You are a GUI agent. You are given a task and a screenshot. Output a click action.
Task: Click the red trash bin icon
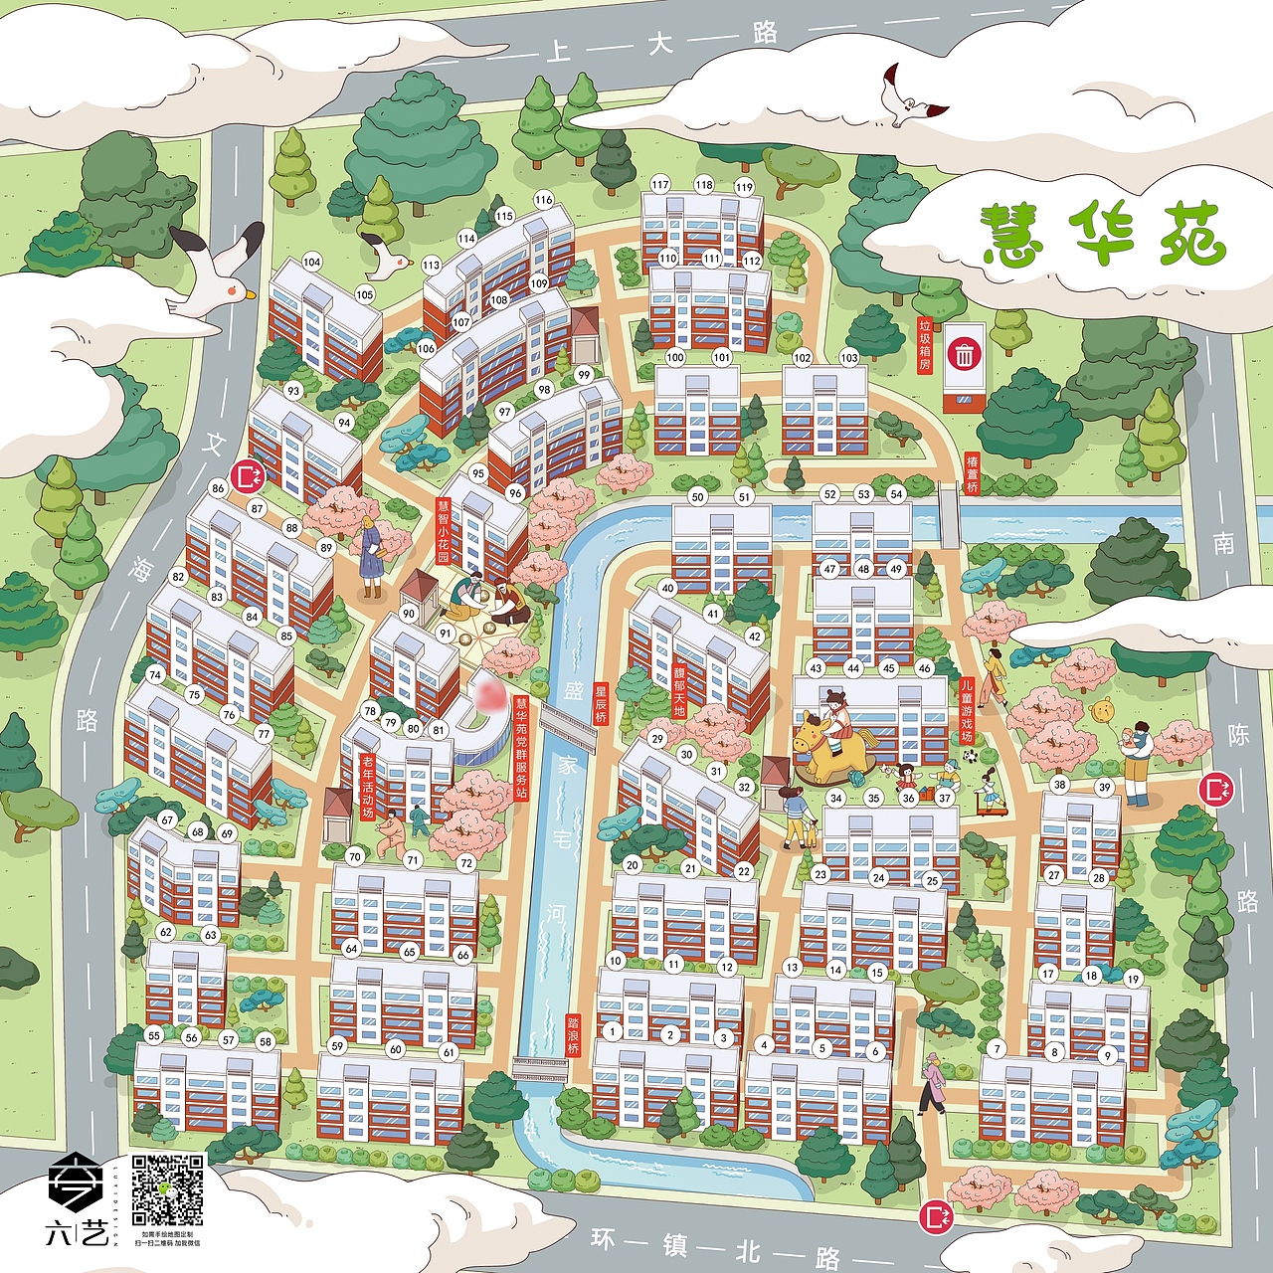tap(964, 354)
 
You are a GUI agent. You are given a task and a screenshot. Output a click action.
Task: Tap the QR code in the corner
tap(168, 1189)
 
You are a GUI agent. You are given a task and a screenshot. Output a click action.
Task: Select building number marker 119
tap(744, 187)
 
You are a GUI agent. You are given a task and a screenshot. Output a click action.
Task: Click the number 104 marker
tap(312, 263)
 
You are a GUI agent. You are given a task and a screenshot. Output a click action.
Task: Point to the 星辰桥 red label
tap(600, 703)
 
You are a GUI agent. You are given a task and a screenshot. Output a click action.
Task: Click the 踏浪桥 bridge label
tap(573, 1035)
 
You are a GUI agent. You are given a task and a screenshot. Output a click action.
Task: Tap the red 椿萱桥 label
tap(972, 473)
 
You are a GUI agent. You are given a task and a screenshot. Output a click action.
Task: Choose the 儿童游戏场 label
tap(966, 710)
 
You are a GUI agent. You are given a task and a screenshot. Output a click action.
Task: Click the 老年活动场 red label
tap(367, 787)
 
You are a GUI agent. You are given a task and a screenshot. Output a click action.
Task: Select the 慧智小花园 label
tap(444, 531)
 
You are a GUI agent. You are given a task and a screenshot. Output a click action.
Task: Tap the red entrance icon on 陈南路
tap(1216, 790)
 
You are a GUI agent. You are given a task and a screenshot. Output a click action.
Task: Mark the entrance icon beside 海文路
tap(246, 476)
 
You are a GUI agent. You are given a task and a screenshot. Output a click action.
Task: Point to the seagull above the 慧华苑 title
tap(907, 96)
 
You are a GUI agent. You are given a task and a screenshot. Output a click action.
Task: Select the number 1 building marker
tap(612, 1031)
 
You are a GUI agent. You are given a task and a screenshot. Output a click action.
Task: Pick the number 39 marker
tap(1104, 787)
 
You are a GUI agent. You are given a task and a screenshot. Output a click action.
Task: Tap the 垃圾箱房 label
tap(925, 344)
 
